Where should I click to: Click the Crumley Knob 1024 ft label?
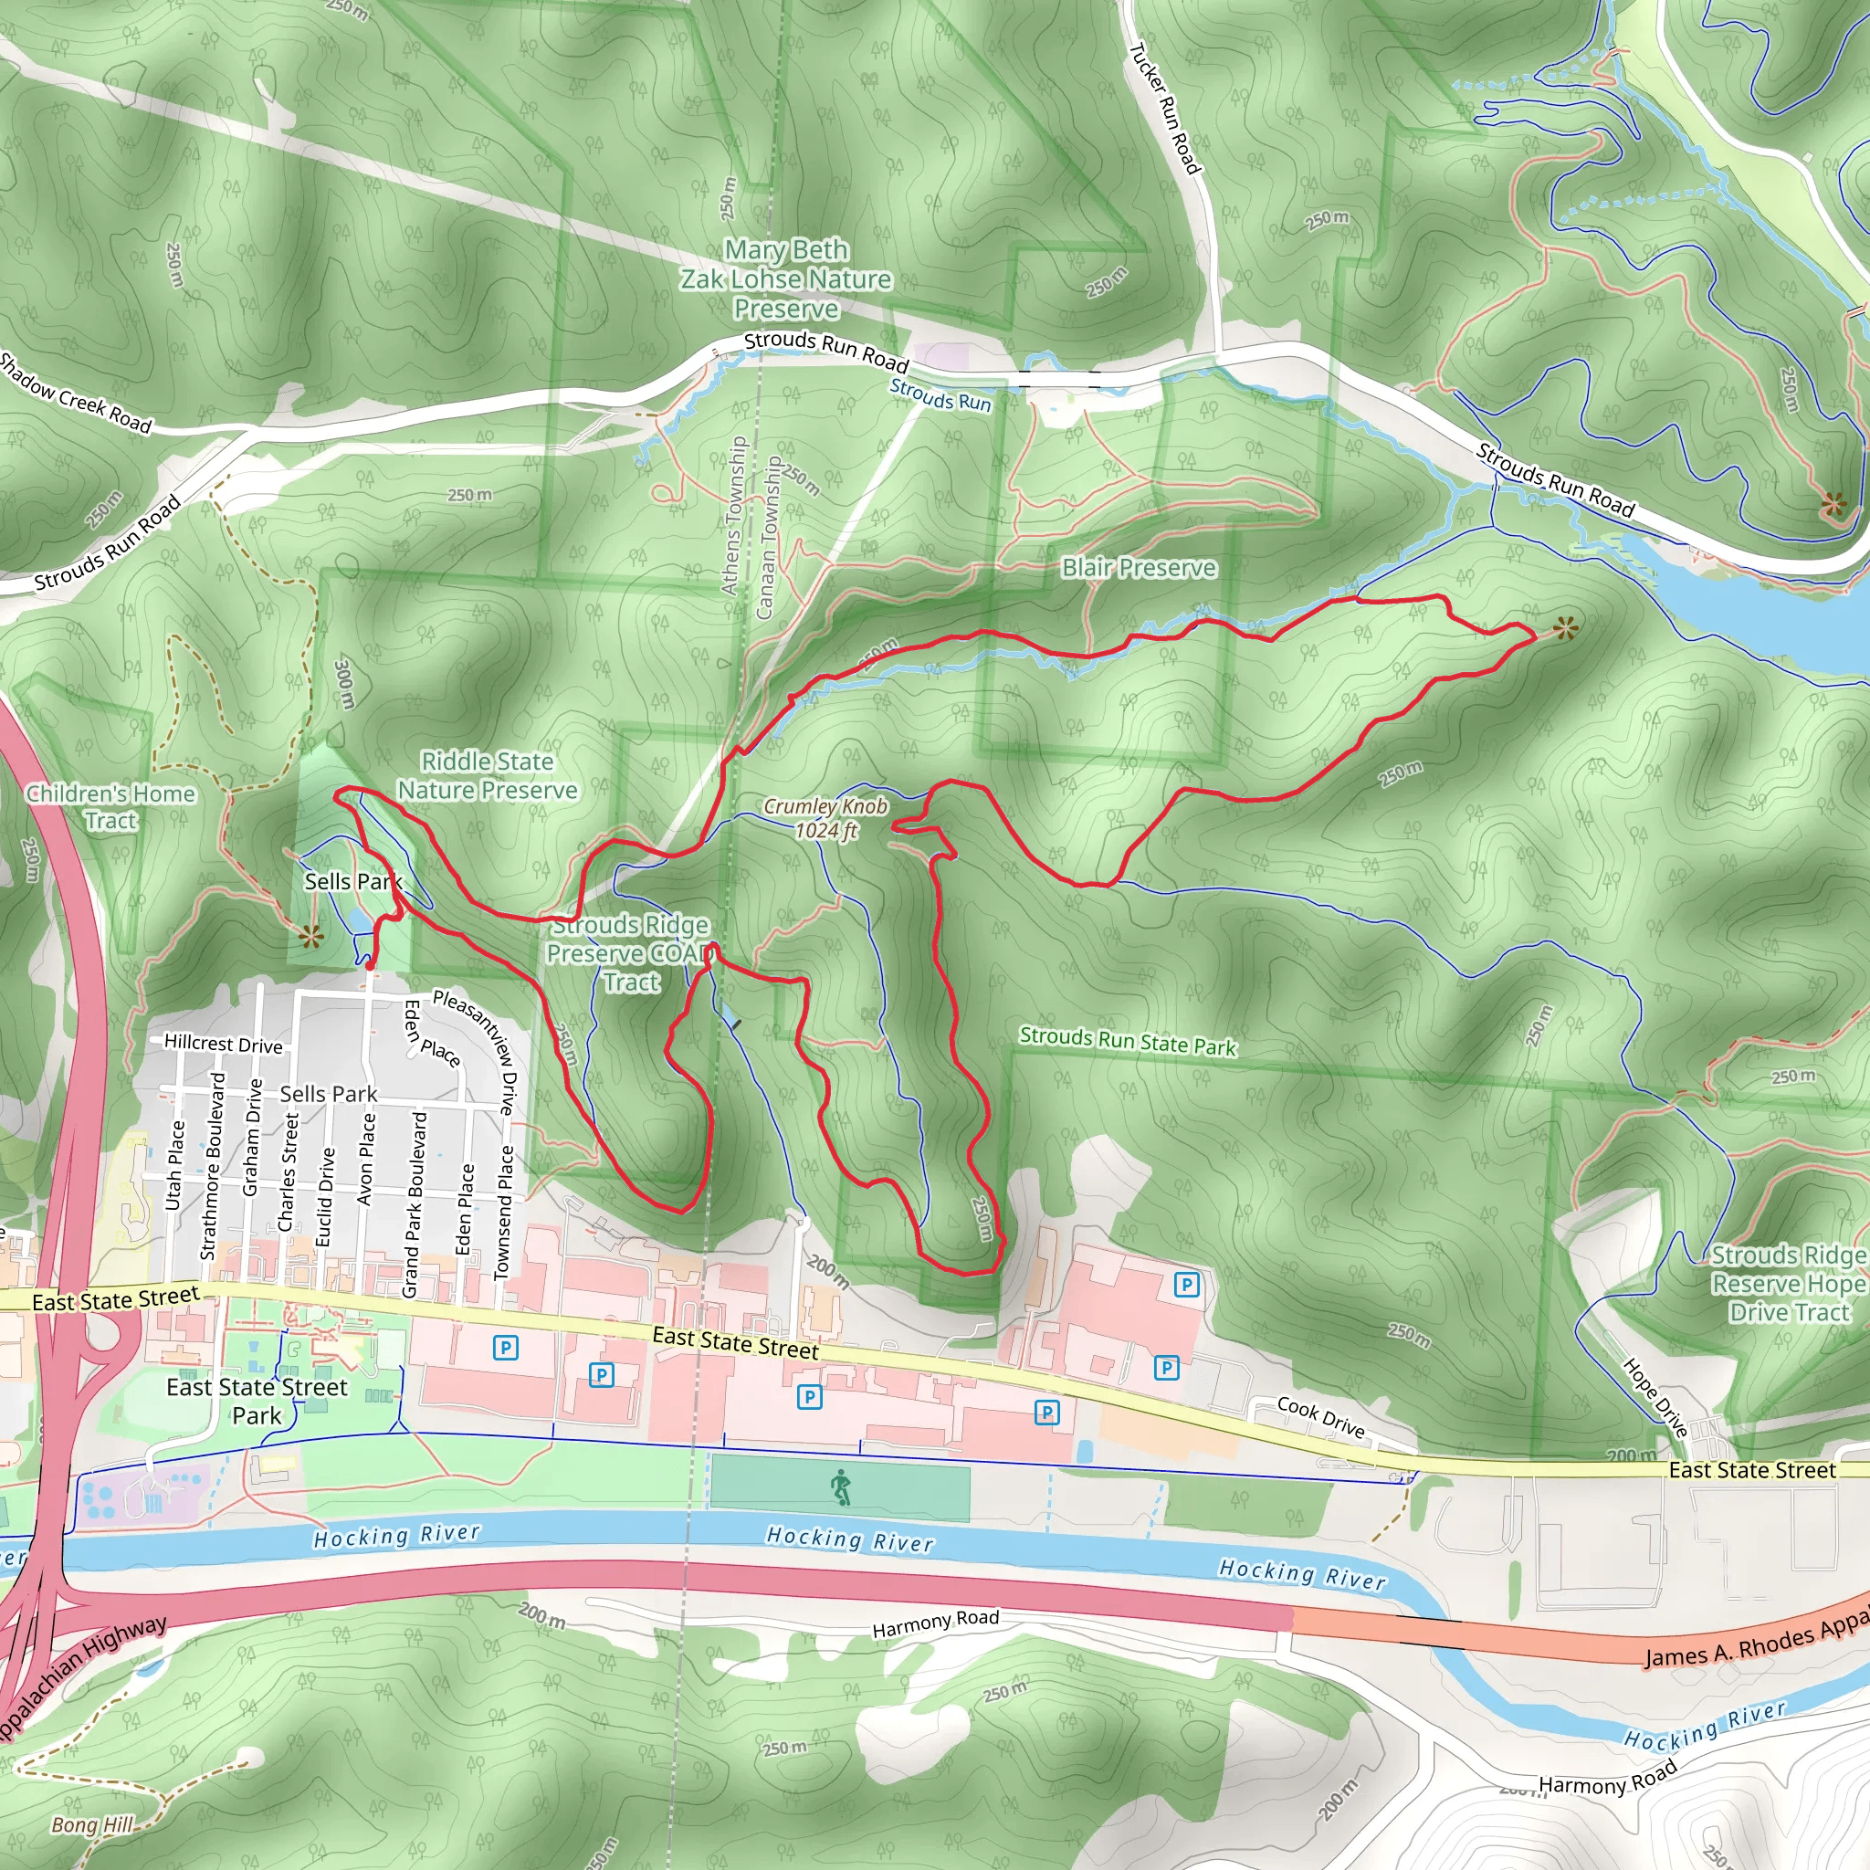tap(825, 818)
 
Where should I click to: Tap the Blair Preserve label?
tap(1139, 568)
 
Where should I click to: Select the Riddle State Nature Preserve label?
tap(488, 775)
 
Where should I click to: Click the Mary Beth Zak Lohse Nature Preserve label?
tap(786, 278)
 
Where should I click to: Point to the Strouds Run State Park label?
tap(1128, 1042)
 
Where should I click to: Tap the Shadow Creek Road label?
tap(75, 393)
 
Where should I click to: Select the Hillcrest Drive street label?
tap(224, 1044)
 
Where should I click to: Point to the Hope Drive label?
tap(1656, 1398)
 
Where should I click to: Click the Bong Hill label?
tap(92, 1824)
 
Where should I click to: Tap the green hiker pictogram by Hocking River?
tap(840, 1487)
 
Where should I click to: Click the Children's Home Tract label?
tap(111, 806)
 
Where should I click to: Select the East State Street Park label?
tap(257, 1401)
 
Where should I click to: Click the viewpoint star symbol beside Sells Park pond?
tap(310, 936)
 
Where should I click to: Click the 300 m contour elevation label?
tap(343, 683)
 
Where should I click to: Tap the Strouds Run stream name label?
tap(940, 394)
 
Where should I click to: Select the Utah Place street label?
tap(174, 1165)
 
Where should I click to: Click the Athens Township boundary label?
tap(734, 515)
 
